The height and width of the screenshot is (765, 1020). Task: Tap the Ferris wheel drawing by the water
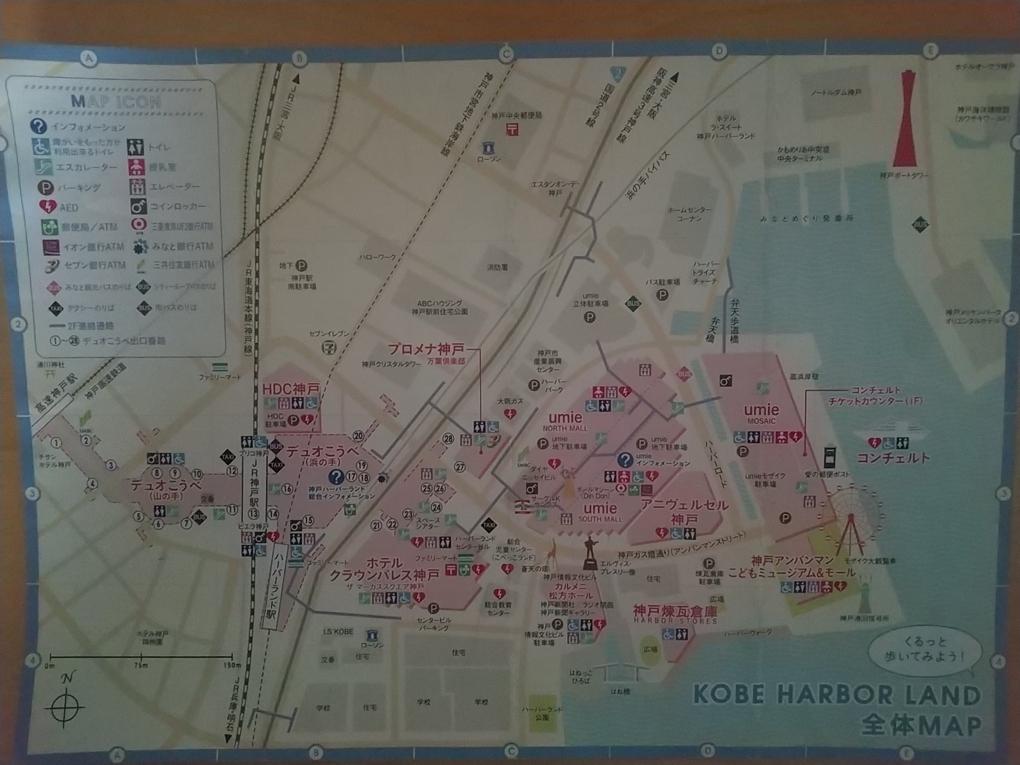coord(851,518)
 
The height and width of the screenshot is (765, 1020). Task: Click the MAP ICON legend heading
coord(116,101)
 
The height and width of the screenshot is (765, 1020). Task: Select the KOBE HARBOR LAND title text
coord(837,695)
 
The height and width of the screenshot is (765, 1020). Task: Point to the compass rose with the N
coord(65,707)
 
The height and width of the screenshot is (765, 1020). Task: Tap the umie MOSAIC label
coord(761,413)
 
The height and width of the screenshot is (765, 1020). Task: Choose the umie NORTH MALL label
coord(565,421)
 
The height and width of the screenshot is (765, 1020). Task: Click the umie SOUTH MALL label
coord(600,512)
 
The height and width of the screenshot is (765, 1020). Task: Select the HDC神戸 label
coord(291,389)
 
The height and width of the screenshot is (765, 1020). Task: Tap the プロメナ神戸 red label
coord(426,349)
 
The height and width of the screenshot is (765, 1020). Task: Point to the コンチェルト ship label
coord(893,458)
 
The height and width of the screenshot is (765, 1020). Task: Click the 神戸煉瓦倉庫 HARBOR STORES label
coord(675,614)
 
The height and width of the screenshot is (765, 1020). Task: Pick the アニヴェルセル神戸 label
coord(684,511)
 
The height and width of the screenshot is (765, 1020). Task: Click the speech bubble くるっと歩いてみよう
coord(924,649)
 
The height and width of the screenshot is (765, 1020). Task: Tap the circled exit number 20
coord(359,436)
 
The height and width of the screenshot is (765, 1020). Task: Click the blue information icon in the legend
coord(38,126)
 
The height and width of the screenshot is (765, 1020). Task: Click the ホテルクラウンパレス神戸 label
coord(384,569)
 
